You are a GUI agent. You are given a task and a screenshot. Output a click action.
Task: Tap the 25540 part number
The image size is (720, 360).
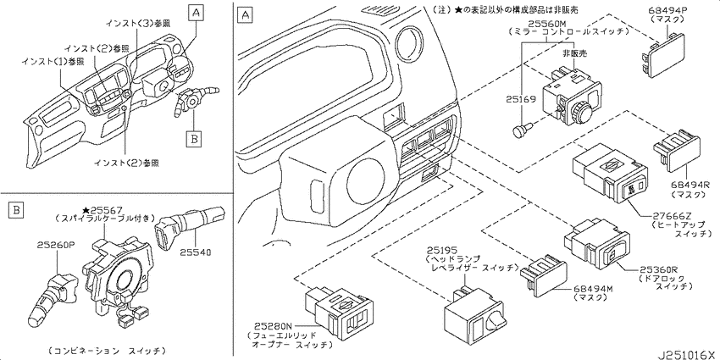pyautogui.click(x=196, y=252)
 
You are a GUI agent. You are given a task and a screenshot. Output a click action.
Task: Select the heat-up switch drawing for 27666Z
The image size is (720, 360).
pyautogui.click(x=610, y=172)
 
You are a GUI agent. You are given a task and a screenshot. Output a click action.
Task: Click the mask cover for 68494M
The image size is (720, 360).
pyautogui.click(x=545, y=274)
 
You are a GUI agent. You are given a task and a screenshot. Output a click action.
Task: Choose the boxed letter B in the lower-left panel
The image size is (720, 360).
pyautogui.click(x=15, y=211)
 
